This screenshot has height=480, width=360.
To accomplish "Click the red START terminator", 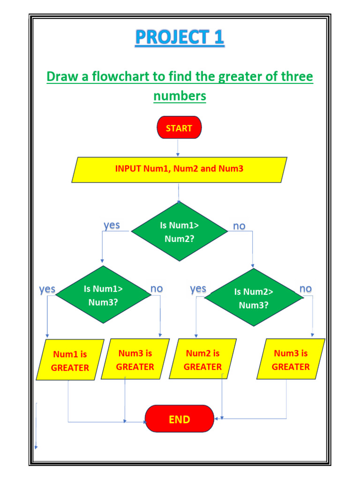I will tap(179, 128).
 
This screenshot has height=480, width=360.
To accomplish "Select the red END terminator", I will tap(180, 419).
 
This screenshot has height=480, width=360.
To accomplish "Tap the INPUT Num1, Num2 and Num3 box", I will tap(179, 169).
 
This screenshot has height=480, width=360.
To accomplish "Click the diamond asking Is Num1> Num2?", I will tap(180, 232).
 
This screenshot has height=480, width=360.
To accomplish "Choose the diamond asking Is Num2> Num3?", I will tap(254, 298).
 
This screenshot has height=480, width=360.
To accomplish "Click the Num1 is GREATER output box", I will tap(70, 360).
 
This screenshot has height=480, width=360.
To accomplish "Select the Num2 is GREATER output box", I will tap(202, 360).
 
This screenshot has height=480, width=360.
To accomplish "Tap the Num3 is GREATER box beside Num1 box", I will tap(135, 360).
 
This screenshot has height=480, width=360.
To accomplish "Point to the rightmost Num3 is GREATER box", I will tap(291, 360).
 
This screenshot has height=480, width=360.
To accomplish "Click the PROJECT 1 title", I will tap(180, 38).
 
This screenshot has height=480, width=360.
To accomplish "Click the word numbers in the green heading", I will tap(180, 96).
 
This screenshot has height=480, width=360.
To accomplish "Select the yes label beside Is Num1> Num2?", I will tap(112, 225).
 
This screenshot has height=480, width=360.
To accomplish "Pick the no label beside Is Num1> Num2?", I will tap(239, 226).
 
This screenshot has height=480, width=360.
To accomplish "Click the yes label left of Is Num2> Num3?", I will tap(198, 289).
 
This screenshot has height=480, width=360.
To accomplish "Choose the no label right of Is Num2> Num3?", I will tap(305, 289).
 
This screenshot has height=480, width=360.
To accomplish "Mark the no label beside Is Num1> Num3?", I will tap(157, 289).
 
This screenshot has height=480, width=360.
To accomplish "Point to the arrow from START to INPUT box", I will tap(178, 148).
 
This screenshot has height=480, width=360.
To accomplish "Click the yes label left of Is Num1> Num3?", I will tap(47, 289).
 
